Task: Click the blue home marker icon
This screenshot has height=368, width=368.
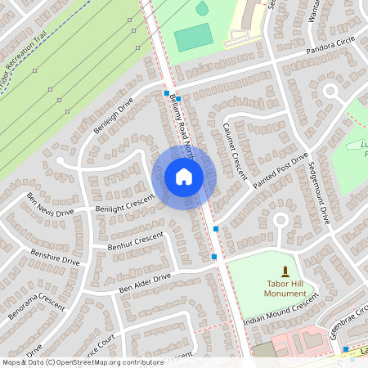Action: tap(184, 177)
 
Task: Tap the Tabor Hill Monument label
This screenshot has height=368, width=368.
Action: tap(285, 288)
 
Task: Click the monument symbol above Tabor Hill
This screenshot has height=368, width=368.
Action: tap(285, 270)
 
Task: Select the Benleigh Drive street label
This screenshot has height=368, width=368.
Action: tap(113, 117)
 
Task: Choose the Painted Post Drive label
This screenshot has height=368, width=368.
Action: tap(280, 171)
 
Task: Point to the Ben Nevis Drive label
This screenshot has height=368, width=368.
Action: tap(49, 204)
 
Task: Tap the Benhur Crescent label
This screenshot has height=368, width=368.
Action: tap(136, 240)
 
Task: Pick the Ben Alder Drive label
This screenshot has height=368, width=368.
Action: tap(145, 283)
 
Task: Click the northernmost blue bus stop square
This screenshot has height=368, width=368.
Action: tap(167, 94)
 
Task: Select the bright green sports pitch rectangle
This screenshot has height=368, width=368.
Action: tap(192, 37)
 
